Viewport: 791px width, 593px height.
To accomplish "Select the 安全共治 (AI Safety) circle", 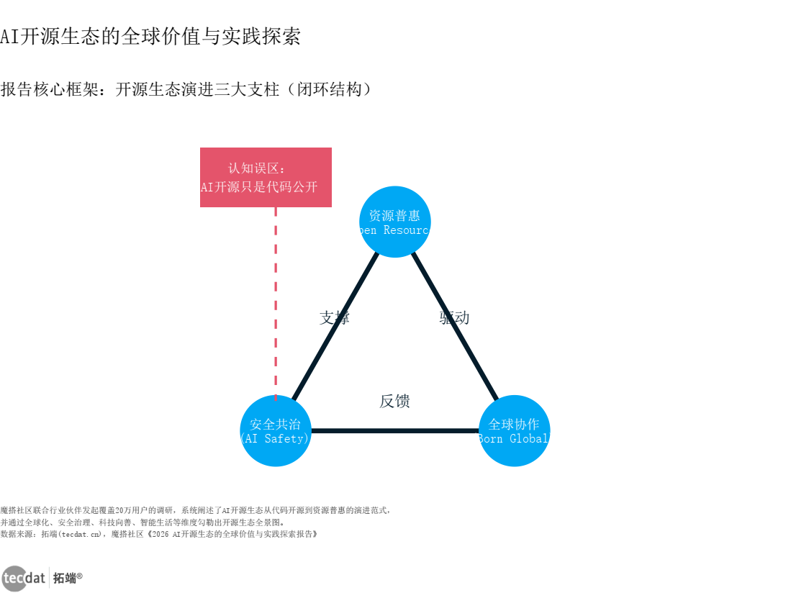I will (x=276, y=430).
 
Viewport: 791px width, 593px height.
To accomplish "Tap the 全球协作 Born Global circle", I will (x=514, y=430).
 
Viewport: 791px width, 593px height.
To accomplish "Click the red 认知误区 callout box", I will (x=266, y=177).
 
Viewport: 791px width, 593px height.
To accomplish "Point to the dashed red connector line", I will (x=276, y=302).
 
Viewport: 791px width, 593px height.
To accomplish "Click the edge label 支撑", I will (x=334, y=317).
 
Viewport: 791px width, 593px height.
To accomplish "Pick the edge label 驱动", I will (x=454, y=317).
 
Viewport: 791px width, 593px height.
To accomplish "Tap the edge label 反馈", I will (x=394, y=401).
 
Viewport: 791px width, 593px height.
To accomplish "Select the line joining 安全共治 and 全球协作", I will (x=394, y=431).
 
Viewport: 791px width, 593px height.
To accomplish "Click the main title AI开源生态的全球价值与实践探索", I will (x=150, y=37).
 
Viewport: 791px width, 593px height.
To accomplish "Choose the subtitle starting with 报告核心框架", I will (x=186, y=89).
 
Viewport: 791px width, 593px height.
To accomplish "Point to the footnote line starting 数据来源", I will (x=158, y=534).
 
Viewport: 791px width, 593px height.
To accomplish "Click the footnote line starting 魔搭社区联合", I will (x=195, y=510).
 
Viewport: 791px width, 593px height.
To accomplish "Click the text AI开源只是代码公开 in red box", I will (x=259, y=187).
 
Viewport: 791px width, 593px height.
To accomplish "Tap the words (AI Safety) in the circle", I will (x=275, y=438).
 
